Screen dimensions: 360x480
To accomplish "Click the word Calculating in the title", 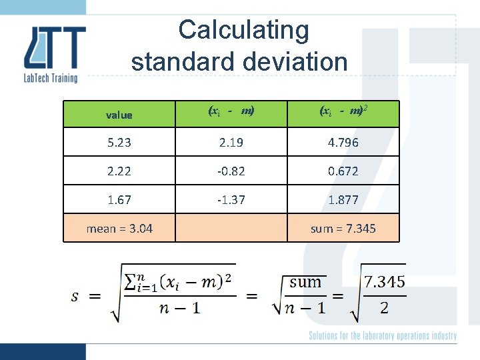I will tap(243, 30).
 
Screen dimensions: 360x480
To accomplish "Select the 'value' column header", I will tap(119, 115).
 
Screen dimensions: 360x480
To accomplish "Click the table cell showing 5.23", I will tap(119, 142).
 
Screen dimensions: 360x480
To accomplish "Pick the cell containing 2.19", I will tap(231, 142).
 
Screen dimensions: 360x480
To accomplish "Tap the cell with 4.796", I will tap(343, 142).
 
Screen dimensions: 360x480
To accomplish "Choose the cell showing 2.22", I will tap(119, 171).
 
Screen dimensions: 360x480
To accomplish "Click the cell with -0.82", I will tap(231, 171).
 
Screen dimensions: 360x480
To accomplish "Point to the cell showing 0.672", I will tap(343, 171).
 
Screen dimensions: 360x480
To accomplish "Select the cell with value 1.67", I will tap(119, 199).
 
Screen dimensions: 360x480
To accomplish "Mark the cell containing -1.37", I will tap(231, 199).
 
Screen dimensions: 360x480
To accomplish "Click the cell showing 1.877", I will tap(343, 199).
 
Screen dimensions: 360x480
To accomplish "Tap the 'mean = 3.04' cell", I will tap(119, 229).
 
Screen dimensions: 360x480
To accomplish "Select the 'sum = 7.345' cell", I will tap(343, 229).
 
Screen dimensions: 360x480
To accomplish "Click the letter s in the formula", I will tap(77, 295).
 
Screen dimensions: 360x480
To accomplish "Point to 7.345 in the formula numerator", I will tap(384, 281).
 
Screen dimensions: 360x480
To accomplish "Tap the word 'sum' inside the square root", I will tap(306, 282).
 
